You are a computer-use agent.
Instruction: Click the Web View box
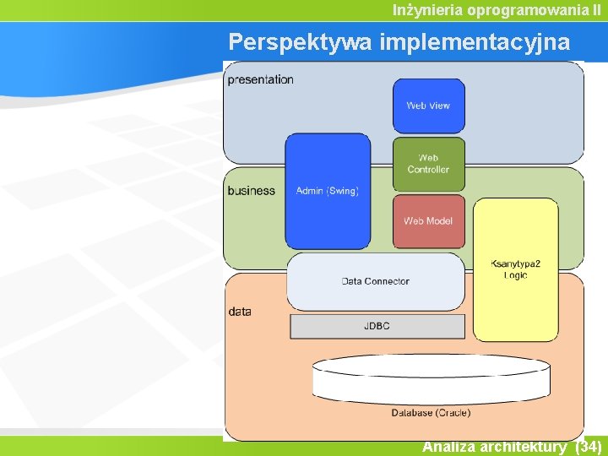coord(428,106)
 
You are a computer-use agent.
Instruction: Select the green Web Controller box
coord(428,164)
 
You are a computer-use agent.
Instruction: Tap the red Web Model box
coord(428,221)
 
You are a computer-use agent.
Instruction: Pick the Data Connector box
coord(375,281)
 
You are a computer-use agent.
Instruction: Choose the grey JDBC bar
coord(377,326)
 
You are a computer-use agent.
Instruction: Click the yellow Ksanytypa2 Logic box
coord(515,269)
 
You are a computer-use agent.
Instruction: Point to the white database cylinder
coord(431,379)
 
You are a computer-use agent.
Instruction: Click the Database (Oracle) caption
coord(431,413)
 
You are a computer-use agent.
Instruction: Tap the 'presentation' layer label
coord(261,80)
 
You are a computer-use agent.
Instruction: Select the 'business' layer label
coord(251,191)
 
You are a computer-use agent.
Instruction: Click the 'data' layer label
coord(240,312)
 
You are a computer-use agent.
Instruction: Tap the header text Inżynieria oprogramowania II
coord(497,10)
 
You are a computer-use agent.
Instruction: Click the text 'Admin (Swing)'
coord(328,191)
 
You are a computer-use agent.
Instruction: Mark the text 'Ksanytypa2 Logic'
coord(515,269)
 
